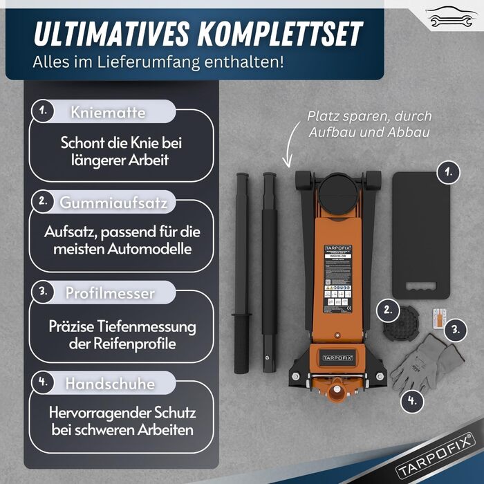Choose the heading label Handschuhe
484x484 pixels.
pyautogui.click(x=110, y=382)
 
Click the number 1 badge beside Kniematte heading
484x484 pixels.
pyautogui.click(x=44, y=111)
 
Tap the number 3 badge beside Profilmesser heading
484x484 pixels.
pyautogui.click(x=44, y=292)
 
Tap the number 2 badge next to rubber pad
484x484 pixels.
pyautogui.click(x=388, y=310)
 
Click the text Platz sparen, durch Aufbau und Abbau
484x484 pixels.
pyautogui.click(x=369, y=123)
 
